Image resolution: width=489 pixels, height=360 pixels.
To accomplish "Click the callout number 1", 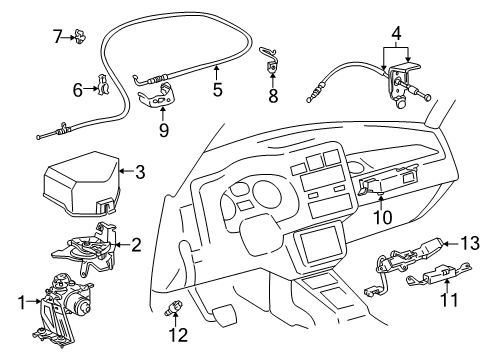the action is click(22, 303).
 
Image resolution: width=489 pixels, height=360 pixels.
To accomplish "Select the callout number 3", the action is click(140, 172).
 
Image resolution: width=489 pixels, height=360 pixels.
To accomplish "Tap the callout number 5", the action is click(217, 90).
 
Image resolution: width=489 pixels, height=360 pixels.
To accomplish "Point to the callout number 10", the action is click(382, 218).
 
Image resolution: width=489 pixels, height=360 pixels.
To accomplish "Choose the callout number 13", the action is click(470, 243).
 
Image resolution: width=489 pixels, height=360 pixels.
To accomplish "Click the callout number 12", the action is click(178, 335).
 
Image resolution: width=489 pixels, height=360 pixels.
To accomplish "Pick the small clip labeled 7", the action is click(80, 36).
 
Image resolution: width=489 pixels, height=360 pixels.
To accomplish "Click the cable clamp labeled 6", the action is click(103, 86).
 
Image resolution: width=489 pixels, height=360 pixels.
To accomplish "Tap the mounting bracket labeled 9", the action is click(157, 97).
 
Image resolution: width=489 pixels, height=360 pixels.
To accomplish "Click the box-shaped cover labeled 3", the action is click(82, 185).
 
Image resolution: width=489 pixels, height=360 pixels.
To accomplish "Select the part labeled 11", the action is click(439, 272).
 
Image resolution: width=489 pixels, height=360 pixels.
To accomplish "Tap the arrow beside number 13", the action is click(451, 243).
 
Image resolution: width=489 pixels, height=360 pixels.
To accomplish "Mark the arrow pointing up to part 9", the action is click(163, 114).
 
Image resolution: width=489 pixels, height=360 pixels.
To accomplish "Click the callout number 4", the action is click(396, 33).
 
